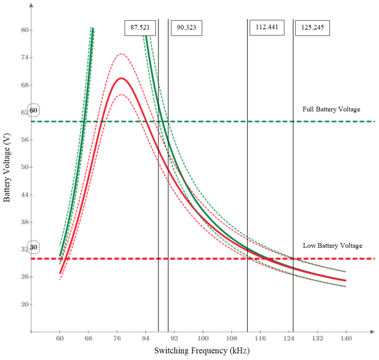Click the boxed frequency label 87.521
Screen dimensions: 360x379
[140, 28]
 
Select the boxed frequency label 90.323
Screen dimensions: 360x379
[186, 28]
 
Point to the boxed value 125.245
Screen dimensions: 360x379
[312, 28]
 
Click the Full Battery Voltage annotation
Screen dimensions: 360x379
[331, 109]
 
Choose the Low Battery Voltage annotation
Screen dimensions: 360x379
[332, 246]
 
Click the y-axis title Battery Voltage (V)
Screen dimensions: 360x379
[7, 168]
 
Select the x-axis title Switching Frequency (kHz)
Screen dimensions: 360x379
[201, 351]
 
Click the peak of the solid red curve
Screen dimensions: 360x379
[121, 78]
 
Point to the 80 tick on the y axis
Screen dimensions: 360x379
[27, 30]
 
